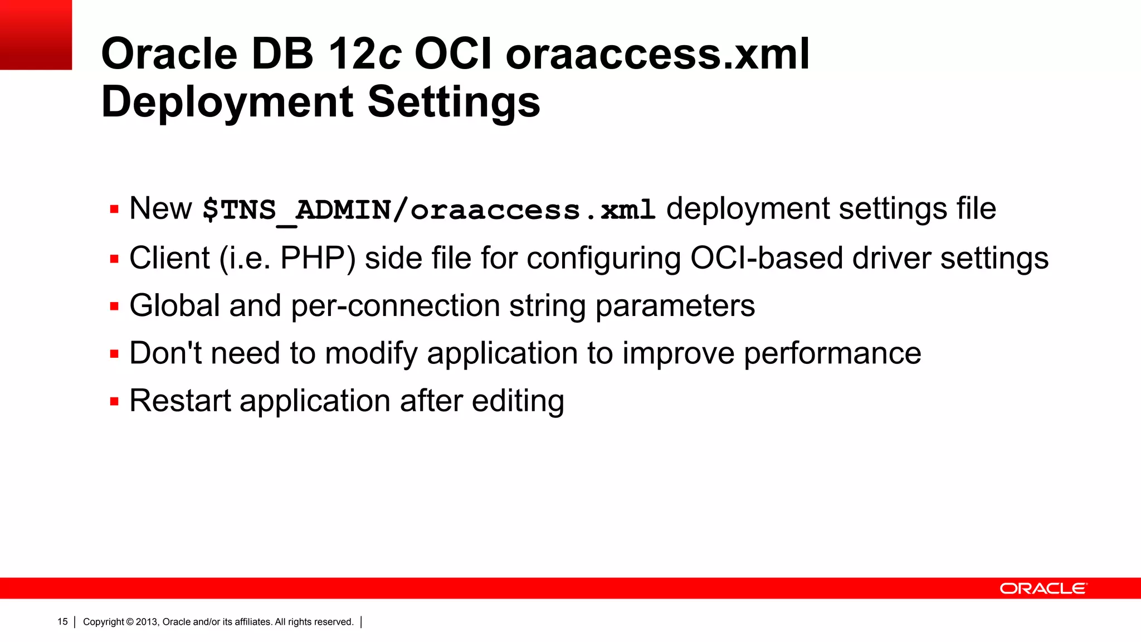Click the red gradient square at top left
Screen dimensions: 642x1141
coord(36,35)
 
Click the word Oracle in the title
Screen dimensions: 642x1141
coord(169,54)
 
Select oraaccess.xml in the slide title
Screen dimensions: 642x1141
coord(657,54)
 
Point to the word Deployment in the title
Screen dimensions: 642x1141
coord(227,103)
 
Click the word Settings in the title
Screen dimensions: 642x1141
coord(454,103)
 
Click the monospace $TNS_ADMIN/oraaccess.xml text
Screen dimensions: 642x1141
coord(428,210)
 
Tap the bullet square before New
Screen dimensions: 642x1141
coord(115,210)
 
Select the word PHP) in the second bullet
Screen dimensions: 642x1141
coord(318,259)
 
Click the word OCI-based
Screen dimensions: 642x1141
coord(767,259)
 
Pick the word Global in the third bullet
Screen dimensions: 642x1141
coord(175,306)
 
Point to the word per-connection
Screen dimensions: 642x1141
coord(396,306)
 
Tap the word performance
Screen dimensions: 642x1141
coord(832,353)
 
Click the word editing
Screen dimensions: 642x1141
coord(518,402)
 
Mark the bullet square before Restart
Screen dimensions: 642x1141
coord(115,401)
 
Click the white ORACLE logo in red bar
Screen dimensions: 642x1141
coord(1043,588)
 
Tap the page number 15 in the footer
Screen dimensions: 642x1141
coord(62,622)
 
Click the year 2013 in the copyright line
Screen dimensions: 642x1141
coord(147,622)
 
